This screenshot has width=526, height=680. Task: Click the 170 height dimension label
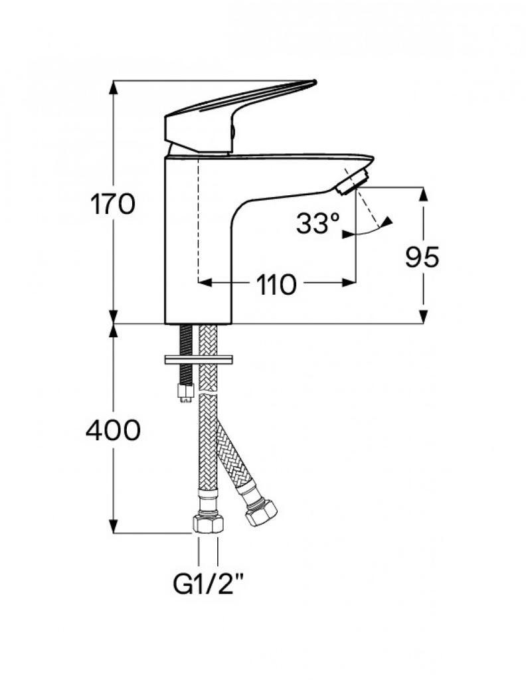[x=113, y=205]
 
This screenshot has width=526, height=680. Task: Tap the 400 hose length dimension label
[x=113, y=430]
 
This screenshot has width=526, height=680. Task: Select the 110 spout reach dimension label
[x=276, y=285]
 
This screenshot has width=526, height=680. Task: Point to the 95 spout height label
[x=422, y=257]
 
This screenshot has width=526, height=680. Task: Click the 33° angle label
[x=318, y=223]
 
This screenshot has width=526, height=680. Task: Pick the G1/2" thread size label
[x=208, y=586]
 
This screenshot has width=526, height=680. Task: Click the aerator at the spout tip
[x=352, y=182]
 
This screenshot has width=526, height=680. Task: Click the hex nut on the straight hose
[x=208, y=525]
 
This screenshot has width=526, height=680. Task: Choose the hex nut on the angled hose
[x=260, y=513]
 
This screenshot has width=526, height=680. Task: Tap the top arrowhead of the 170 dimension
[x=113, y=87]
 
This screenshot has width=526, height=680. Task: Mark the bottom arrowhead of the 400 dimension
[x=113, y=527]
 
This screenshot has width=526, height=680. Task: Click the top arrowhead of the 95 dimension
[x=423, y=194]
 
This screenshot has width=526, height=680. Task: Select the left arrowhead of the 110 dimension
[x=205, y=283]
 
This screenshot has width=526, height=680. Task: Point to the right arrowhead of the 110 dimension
[x=349, y=283]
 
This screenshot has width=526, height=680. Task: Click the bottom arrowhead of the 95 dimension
[x=423, y=317]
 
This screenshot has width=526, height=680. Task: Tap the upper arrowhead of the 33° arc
[x=387, y=222]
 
